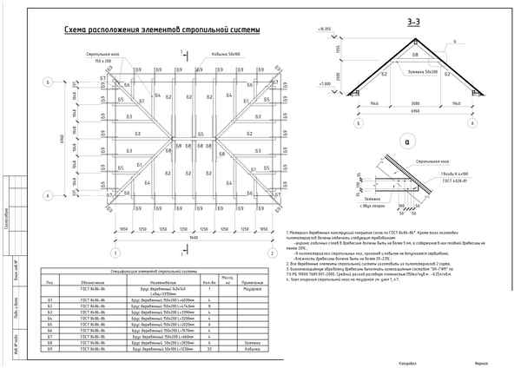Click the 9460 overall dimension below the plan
(193, 237)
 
